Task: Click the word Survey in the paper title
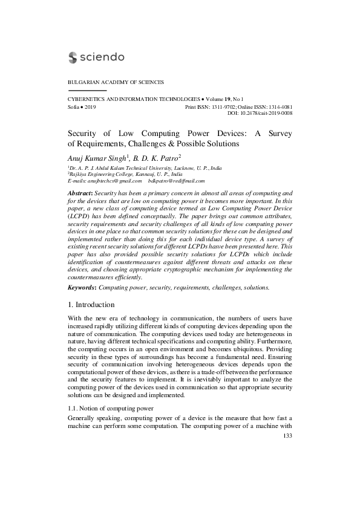[278, 134]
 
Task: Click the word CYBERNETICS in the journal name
[84, 98]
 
